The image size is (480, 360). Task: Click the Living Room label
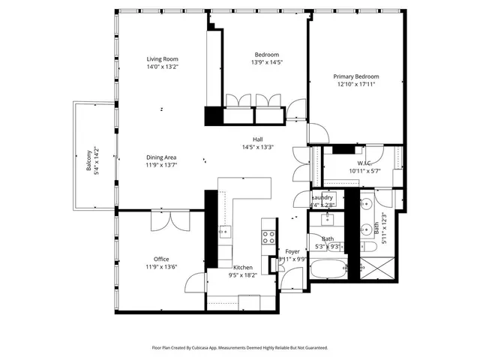pyautogui.click(x=162, y=58)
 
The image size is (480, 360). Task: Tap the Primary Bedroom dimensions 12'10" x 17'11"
pyautogui.click(x=356, y=85)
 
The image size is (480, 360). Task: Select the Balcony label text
pyautogui.click(x=88, y=160)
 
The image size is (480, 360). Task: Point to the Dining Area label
pyautogui.click(x=161, y=157)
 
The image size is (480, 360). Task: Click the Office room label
pyautogui.click(x=161, y=259)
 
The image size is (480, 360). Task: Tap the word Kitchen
pyautogui.click(x=242, y=267)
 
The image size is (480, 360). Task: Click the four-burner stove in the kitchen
pyautogui.click(x=268, y=237)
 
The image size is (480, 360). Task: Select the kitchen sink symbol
pyautogui.click(x=224, y=232)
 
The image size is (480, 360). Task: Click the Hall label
pyautogui.click(x=257, y=139)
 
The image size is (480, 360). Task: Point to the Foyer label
pyautogui.click(x=292, y=251)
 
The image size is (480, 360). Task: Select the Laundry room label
pyautogui.click(x=322, y=197)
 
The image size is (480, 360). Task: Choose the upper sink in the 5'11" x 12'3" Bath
pyautogui.click(x=367, y=203)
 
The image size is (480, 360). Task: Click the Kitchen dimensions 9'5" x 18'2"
pyautogui.click(x=242, y=275)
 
